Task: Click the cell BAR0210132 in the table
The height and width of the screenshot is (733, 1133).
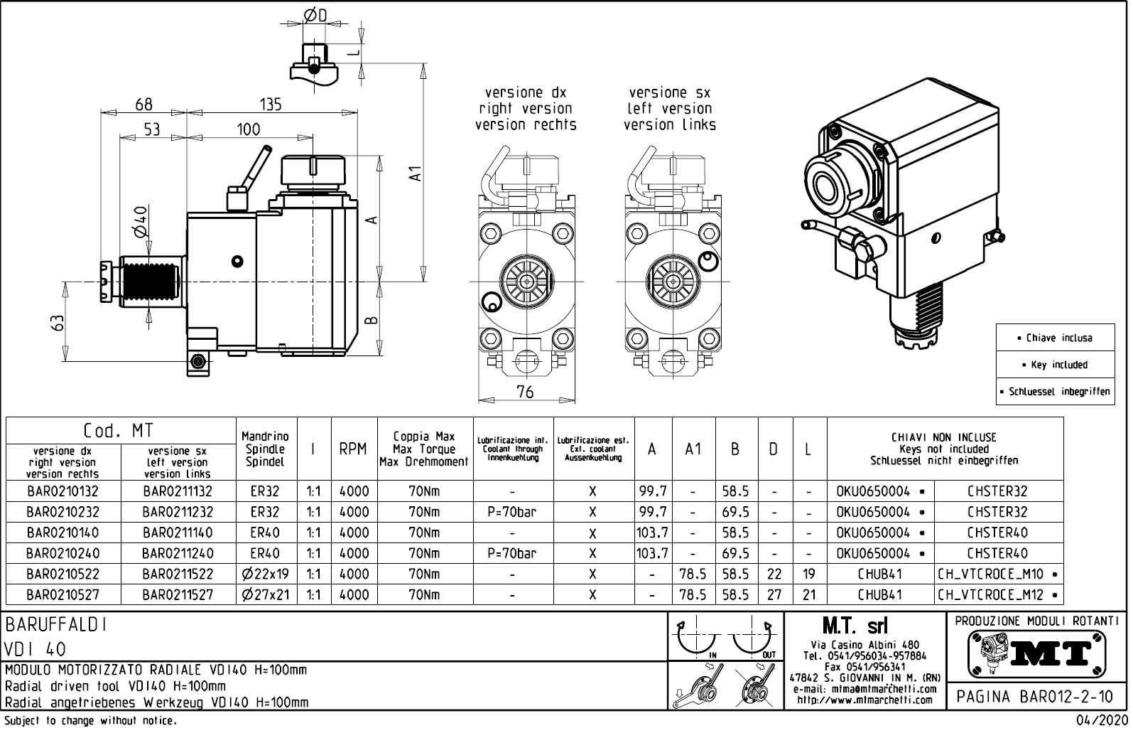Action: click(x=63, y=491)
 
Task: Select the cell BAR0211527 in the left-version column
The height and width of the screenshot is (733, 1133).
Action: click(x=178, y=595)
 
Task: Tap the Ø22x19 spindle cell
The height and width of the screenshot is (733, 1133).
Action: click(x=266, y=574)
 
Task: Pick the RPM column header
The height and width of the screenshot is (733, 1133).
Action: click(x=353, y=449)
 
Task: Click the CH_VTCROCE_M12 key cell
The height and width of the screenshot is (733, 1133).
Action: click(x=998, y=595)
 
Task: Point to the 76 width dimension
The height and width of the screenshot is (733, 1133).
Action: click(x=525, y=392)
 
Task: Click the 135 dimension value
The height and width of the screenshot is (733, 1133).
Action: click(x=271, y=105)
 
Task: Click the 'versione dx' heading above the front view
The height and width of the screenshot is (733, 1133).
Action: click(x=525, y=93)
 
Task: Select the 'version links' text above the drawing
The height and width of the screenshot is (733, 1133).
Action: click(x=670, y=125)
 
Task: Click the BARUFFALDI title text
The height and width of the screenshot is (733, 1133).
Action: click(x=57, y=624)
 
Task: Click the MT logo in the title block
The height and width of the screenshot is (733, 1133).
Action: click(x=1037, y=653)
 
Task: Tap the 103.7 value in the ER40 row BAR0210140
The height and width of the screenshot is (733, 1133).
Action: click(x=653, y=533)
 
